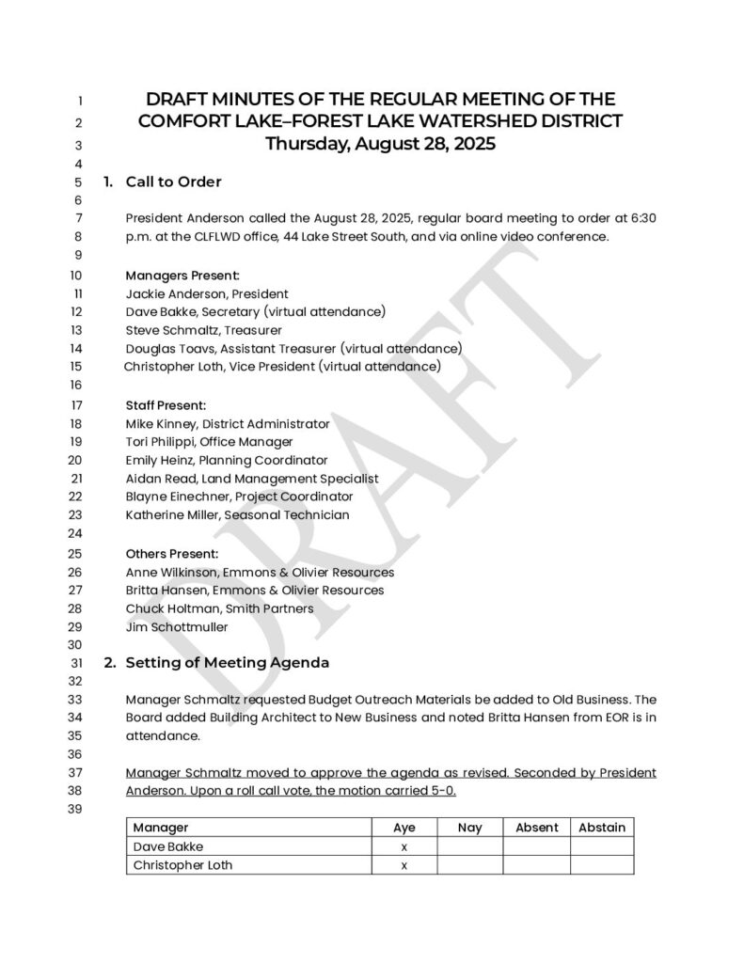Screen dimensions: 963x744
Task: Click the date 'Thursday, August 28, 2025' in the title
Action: pyautogui.click(x=380, y=145)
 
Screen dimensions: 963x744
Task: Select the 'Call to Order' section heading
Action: pyautogui.click(x=173, y=182)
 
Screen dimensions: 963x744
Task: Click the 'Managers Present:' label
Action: pyautogui.click(x=182, y=276)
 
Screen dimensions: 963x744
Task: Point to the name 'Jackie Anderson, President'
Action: pyautogui.click(x=207, y=293)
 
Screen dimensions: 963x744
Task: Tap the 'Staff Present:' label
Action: pyautogui.click(x=166, y=405)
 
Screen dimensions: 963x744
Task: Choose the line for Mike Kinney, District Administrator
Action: pyautogui.click(x=228, y=423)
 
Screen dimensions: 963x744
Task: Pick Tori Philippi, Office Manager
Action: pyautogui.click(x=209, y=441)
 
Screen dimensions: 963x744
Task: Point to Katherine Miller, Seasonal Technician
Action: pyautogui.click(x=237, y=514)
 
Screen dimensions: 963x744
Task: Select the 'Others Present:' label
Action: pyautogui.click(x=172, y=554)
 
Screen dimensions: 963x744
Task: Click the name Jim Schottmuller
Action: pyautogui.click(x=176, y=626)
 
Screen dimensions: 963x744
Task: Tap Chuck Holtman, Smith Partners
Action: pyautogui.click(x=219, y=608)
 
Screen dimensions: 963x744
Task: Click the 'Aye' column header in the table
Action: pyautogui.click(x=404, y=828)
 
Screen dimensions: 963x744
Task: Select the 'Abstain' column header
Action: pyautogui.click(x=602, y=828)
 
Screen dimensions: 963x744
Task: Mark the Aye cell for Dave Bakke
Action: pyautogui.click(x=404, y=846)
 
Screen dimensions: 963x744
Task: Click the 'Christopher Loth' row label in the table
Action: pyautogui.click(x=182, y=864)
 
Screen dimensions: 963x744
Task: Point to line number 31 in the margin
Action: pyautogui.click(x=78, y=663)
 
